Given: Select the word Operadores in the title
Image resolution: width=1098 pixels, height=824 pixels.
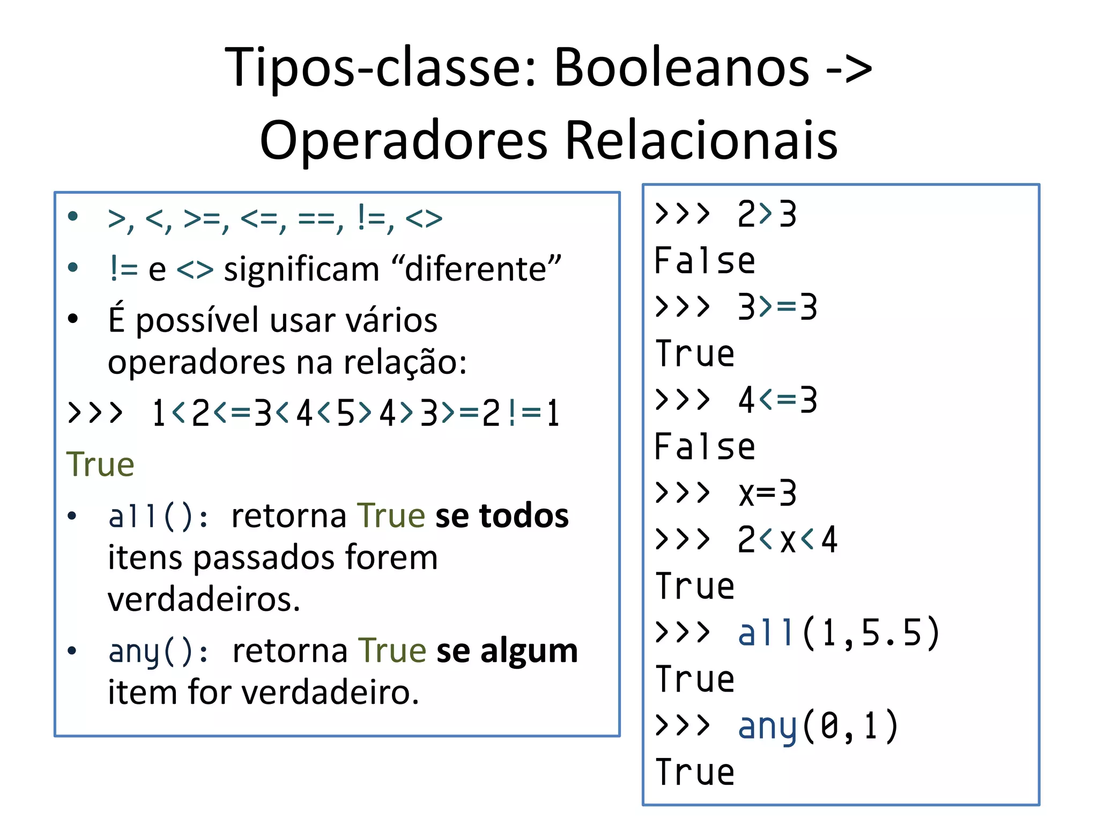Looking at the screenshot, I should click(403, 141).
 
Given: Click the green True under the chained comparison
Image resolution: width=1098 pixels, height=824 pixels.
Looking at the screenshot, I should click(100, 464).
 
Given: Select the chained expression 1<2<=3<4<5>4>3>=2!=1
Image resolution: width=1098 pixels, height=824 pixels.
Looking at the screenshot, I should click(355, 414).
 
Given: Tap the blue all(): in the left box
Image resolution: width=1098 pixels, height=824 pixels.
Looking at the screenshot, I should click(158, 516).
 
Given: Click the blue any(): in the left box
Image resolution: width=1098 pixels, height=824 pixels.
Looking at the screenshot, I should click(158, 651).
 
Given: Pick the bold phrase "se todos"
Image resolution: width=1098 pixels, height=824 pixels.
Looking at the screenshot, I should click(502, 516).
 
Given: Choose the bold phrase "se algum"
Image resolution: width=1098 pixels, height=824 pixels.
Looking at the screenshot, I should click(507, 651).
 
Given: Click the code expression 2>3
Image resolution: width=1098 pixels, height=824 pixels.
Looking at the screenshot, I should click(767, 215).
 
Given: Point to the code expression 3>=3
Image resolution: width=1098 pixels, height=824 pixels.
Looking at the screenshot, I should click(777, 307).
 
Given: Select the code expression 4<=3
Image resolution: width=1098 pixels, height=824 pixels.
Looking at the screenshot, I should click(777, 400).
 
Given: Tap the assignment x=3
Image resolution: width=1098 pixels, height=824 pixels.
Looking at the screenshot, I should click(767, 493).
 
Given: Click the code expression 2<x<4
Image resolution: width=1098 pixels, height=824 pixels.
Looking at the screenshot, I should click(787, 540).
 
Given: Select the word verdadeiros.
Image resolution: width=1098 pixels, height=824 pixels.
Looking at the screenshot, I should click(204, 599).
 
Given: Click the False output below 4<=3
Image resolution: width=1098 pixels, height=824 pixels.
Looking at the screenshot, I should click(704, 447).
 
